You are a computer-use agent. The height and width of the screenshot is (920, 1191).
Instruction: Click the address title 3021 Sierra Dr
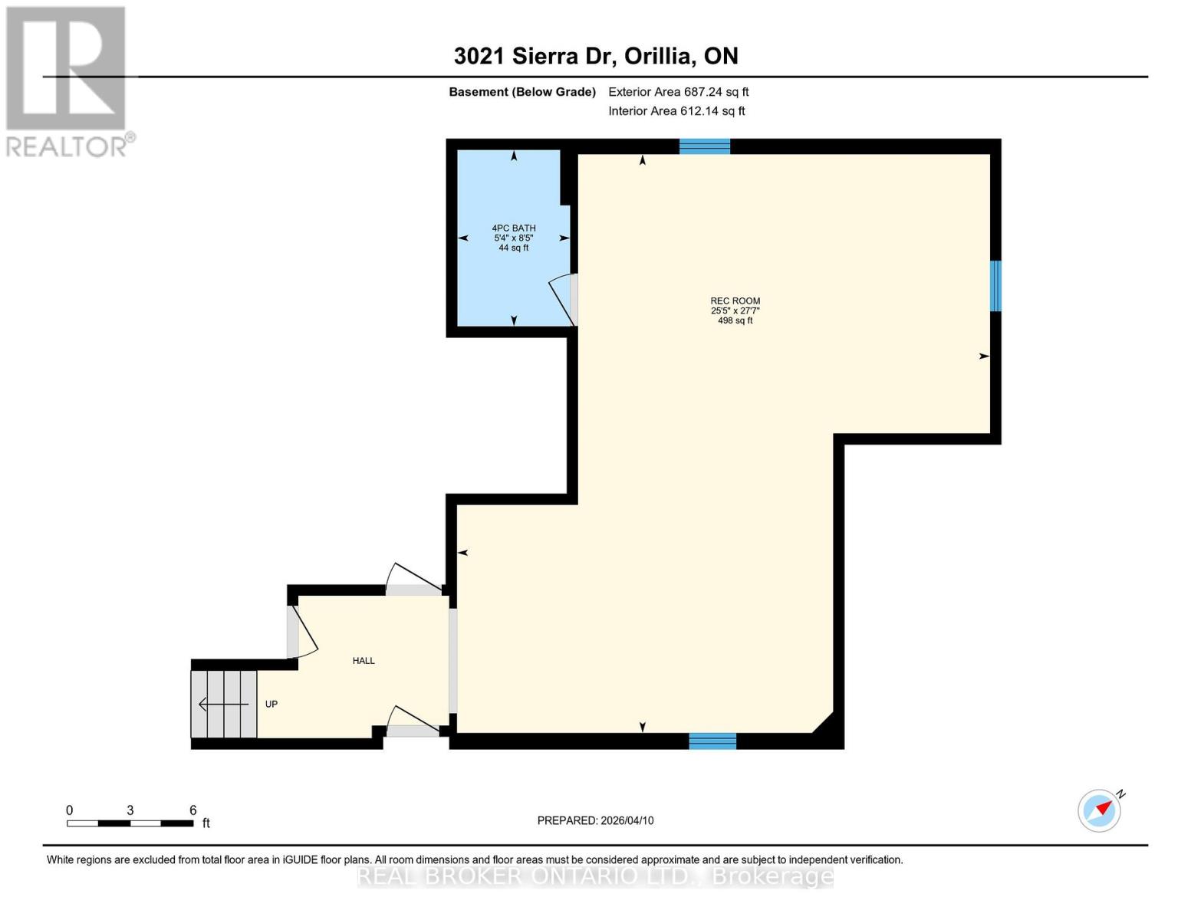[x=595, y=56]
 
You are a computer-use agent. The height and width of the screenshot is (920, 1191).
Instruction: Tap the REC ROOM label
[x=735, y=301]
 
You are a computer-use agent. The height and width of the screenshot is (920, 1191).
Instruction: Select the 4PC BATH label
[x=513, y=228]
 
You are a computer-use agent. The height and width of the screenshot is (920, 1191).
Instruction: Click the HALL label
[x=364, y=661]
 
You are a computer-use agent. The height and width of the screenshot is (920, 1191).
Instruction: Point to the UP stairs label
[x=271, y=705]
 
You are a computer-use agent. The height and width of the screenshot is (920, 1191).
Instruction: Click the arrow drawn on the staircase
[x=223, y=704]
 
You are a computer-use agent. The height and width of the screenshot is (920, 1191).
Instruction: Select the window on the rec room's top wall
[x=704, y=146]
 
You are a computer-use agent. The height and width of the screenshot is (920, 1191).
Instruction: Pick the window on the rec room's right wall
[x=995, y=286]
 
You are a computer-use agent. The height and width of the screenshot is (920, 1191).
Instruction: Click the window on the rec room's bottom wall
[x=712, y=741]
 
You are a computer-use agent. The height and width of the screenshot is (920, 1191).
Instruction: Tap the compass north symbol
[x=1100, y=810]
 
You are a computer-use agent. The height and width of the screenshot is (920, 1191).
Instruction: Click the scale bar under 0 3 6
[x=130, y=823]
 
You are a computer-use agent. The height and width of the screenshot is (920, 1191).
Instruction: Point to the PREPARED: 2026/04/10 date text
[x=595, y=820]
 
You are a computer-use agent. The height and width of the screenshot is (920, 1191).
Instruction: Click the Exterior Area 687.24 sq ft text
[x=678, y=92]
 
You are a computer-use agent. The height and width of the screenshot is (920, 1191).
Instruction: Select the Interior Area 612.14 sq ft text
[x=676, y=111]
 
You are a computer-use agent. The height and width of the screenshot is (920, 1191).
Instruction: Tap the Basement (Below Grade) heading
[x=521, y=92]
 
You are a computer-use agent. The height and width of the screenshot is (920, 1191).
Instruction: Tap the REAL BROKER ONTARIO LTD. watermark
[x=595, y=876]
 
